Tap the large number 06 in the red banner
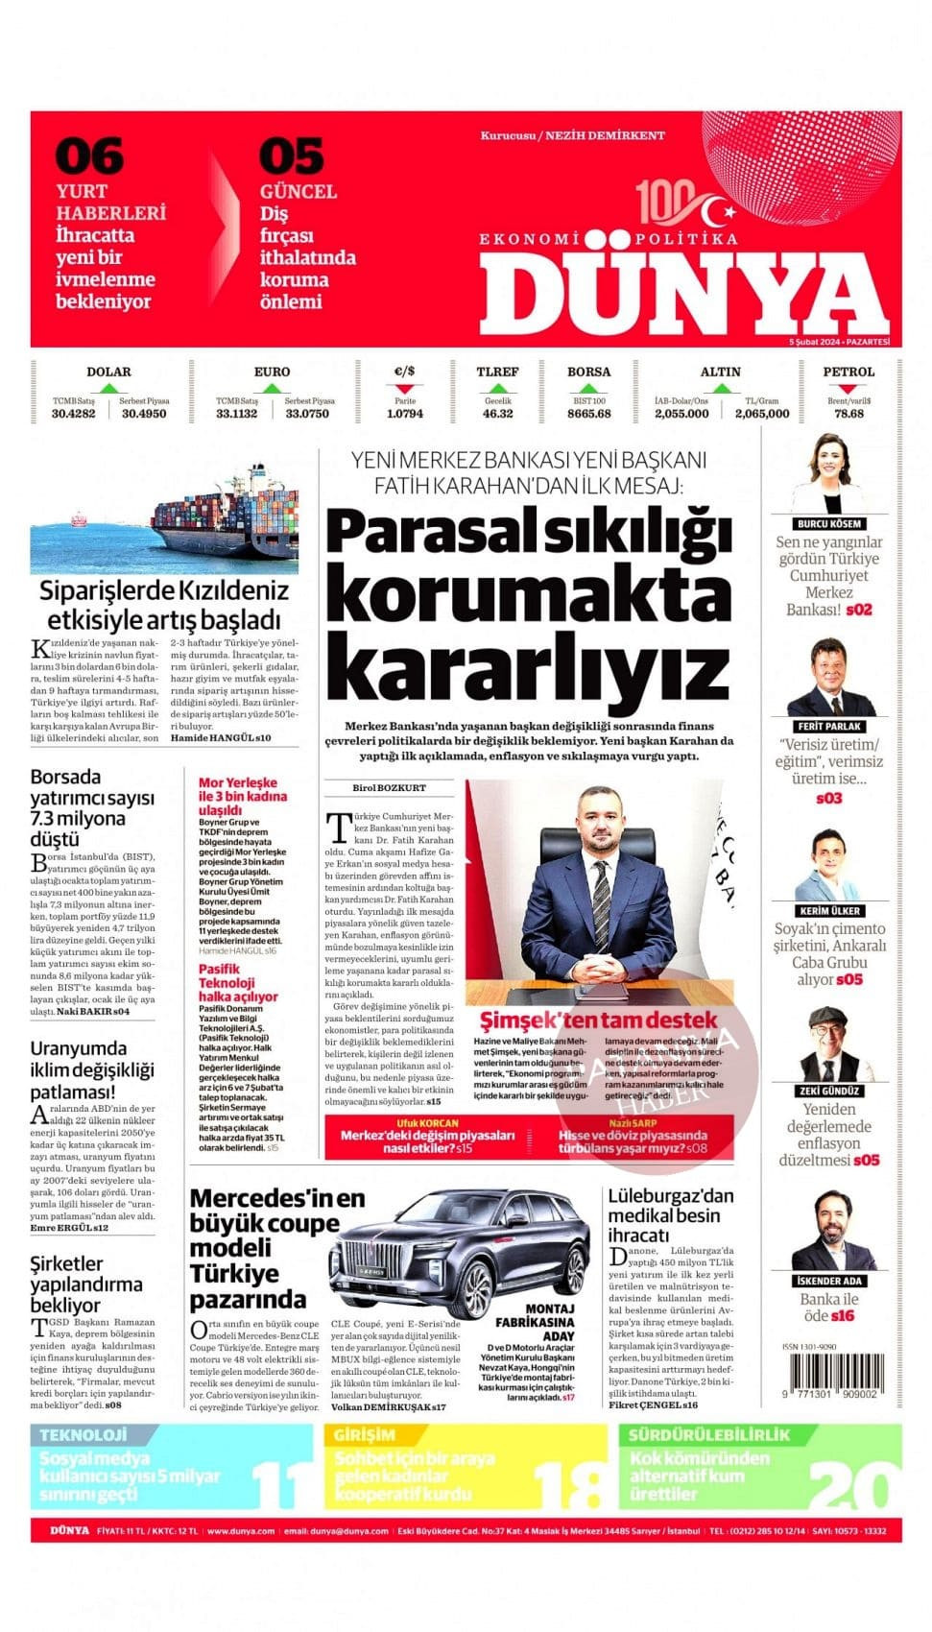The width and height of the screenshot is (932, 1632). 89,156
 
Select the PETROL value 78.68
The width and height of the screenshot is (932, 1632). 848,414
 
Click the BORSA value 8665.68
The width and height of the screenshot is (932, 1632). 588,414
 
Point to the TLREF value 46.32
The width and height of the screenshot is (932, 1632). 497,414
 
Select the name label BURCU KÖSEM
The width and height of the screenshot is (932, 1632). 828,524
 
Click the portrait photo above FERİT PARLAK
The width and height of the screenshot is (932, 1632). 829,677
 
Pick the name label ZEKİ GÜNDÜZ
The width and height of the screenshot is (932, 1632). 829,1092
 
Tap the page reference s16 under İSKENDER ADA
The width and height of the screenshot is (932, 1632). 843,1316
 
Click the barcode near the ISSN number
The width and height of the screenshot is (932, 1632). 829,1374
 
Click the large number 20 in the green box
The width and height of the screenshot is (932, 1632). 848,1483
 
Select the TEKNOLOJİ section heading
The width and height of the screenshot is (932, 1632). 84,1434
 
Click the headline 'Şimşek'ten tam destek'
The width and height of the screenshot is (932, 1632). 598,1020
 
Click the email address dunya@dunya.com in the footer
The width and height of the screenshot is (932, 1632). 351,1531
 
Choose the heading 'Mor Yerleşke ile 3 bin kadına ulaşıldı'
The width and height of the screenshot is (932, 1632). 242,796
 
